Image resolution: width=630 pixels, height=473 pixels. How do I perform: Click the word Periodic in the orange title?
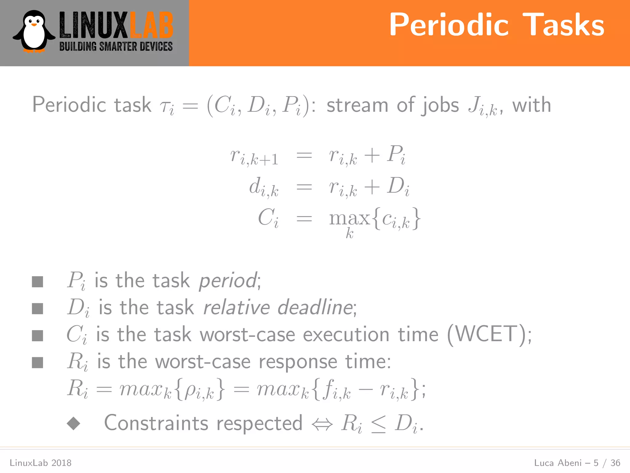[449, 25]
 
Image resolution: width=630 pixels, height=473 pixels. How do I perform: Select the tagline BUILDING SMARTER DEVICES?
[116, 46]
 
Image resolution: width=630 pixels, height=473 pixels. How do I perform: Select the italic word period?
[228, 281]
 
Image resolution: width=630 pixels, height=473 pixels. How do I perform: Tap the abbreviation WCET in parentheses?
[489, 334]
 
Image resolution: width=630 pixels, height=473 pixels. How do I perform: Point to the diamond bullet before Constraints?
[74, 423]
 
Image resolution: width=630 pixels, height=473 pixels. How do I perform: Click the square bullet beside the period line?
[38, 281]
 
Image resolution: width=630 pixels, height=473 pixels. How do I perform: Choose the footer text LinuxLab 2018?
[41, 463]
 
